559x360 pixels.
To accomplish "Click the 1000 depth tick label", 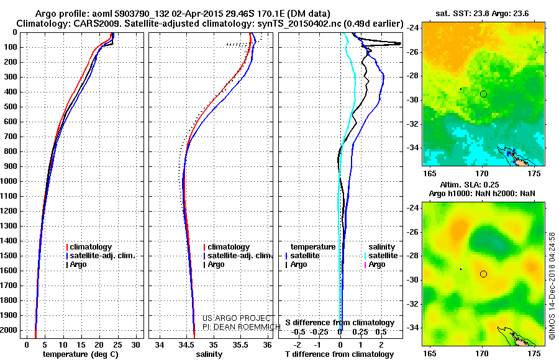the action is tap(9, 181).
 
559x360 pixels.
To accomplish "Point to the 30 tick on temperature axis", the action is tap(135, 345).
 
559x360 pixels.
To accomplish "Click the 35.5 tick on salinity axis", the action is tap(240, 345).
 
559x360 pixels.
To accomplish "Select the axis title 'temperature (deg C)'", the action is tap(81, 354).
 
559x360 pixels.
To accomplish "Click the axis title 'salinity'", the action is tap(209, 354).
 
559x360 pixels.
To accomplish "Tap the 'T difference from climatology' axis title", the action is tap(339, 354).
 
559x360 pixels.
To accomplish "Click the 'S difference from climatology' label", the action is tap(340, 323).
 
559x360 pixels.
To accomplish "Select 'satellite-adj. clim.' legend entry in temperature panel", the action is tap(102, 256).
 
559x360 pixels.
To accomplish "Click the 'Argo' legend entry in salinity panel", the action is tap(218, 264).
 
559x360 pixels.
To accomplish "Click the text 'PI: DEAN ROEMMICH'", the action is tap(242, 327).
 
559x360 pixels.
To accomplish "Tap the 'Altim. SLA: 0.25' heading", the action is tap(469, 184).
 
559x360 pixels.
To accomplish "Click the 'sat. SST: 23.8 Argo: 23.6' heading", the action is tap(482, 14).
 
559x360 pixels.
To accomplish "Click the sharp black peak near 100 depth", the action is tap(400, 43).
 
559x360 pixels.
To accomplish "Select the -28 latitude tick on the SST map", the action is tap(413, 76).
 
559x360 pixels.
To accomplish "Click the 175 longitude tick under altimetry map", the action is tap(534, 354).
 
